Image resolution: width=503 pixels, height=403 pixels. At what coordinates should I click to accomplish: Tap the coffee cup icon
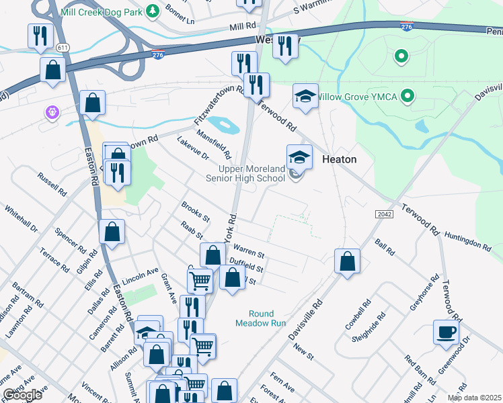click(447, 332)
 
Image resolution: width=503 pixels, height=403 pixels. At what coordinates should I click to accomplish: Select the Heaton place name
click(340, 159)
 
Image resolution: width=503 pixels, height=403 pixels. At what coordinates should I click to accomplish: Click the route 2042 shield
click(384, 213)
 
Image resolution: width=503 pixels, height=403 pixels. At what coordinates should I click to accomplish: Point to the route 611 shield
click(63, 48)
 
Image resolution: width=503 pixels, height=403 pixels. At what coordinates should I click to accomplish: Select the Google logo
click(23, 395)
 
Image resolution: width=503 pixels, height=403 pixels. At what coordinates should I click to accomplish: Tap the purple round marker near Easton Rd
click(52, 112)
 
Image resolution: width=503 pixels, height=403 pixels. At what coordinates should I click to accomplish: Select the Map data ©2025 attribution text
click(474, 398)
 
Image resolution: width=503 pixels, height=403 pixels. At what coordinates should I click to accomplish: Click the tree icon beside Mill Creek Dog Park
click(153, 11)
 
